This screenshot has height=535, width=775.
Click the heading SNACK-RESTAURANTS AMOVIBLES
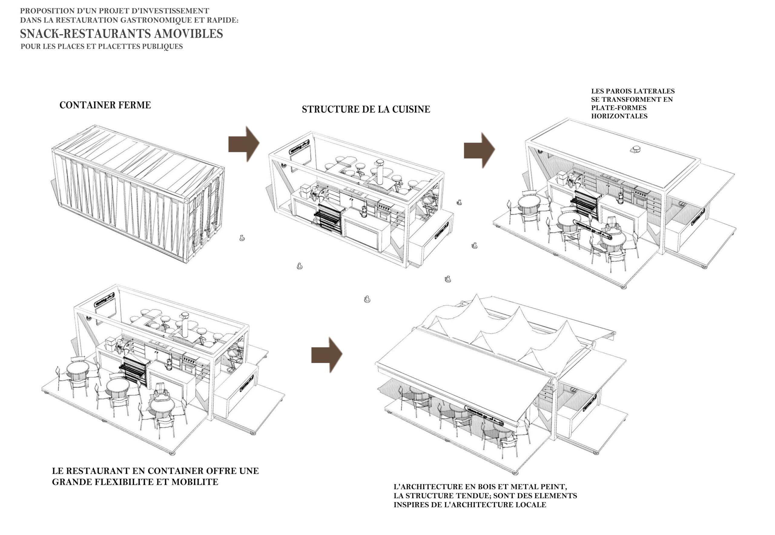point(121,34)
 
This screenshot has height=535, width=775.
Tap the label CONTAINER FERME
point(105,105)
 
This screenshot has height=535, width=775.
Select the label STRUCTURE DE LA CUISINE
point(366,109)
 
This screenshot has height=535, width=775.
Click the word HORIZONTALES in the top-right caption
point(619,116)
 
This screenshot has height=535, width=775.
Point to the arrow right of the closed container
point(244,144)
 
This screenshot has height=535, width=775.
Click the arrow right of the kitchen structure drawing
point(479,150)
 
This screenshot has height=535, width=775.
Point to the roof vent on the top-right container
point(635,150)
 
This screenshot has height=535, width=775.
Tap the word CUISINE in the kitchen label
point(411,109)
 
